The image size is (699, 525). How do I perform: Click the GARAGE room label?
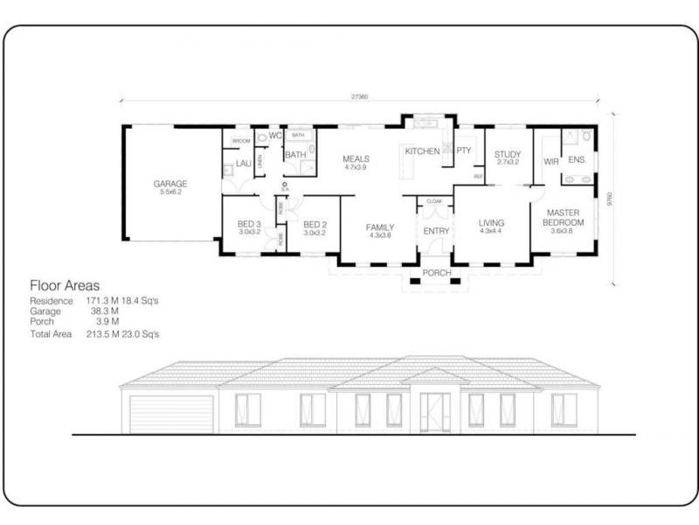tap(170, 184)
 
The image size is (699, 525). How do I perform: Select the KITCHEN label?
tap(422, 151)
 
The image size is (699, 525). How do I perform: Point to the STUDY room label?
tap(508, 155)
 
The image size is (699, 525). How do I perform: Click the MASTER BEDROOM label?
tap(564, 217)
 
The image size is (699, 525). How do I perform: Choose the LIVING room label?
tap(491, 224)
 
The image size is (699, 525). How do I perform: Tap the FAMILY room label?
tap(379, 227)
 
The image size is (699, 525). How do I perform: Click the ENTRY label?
tap(435, 231)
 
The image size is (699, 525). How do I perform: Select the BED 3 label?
tap(249, 224)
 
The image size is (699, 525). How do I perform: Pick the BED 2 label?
tap(314, 224)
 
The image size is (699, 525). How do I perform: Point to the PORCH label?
tap(436, 273)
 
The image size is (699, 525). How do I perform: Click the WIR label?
tap(550, 162)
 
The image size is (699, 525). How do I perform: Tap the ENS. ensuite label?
tap(577, 160)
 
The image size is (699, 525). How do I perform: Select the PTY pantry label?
tap(463, 150)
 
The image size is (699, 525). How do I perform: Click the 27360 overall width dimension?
tap(358, 97)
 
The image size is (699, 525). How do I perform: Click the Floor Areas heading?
tap(65, 285)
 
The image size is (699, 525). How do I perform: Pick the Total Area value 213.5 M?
tap(101, 334)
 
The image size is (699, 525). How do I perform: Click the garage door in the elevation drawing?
tap(171, 414)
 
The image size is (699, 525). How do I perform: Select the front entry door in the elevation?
tap(434, 412)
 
